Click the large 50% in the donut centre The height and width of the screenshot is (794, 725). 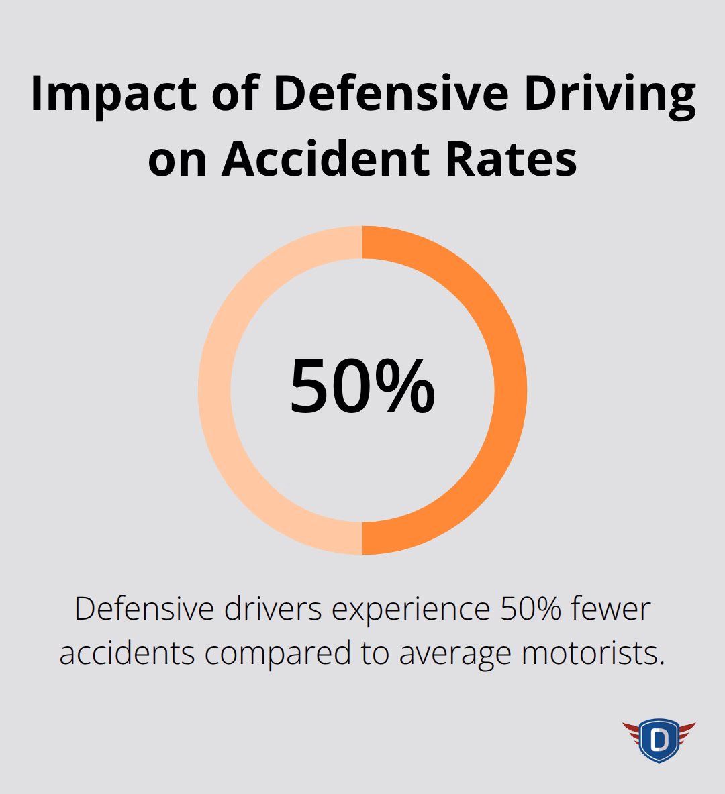[x=362, y=387]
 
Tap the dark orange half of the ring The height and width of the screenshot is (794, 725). [x=510, y=390]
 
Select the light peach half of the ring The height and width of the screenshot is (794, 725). [x=215, y=390]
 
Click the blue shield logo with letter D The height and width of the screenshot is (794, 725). [x=659, y=740]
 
